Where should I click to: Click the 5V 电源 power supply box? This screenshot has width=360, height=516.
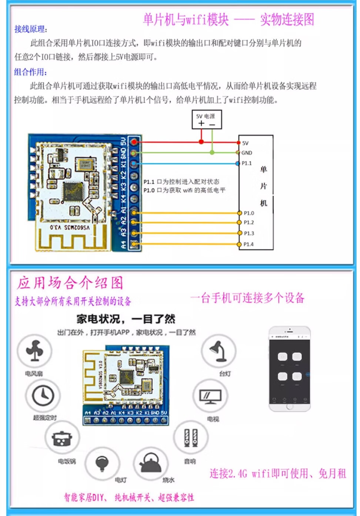point(206,120)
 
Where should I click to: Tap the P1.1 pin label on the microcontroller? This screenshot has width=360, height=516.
point(247,163)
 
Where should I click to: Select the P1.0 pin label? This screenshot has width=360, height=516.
point(249,213)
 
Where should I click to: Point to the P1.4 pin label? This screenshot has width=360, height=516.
point(249,244)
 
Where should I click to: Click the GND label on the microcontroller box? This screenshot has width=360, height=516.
point(247,153)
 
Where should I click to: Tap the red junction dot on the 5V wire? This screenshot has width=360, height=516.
point(201,142)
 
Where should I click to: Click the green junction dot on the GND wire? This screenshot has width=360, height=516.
point(212,153)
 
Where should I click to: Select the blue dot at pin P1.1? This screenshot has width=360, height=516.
point(238,163)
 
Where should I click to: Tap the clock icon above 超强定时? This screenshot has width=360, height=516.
point(43,396)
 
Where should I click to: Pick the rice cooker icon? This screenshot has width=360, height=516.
point(62,439)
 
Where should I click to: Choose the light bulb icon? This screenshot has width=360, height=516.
point(102,463)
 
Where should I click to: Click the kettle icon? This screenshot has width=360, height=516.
point(150,463)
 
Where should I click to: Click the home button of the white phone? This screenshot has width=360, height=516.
point(290,406)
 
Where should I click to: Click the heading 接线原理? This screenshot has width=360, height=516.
point(31,29)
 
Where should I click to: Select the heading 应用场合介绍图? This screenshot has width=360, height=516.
point(70,283)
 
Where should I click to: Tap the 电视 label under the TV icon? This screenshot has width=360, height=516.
point(213,419)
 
